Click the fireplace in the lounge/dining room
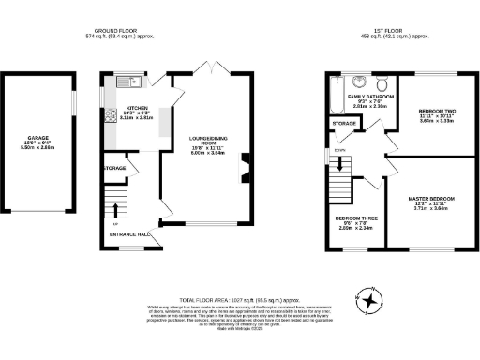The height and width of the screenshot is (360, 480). click(247, 172)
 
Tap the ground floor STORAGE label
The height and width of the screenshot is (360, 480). click(114, 169)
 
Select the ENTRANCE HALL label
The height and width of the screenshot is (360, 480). click(131, 233)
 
